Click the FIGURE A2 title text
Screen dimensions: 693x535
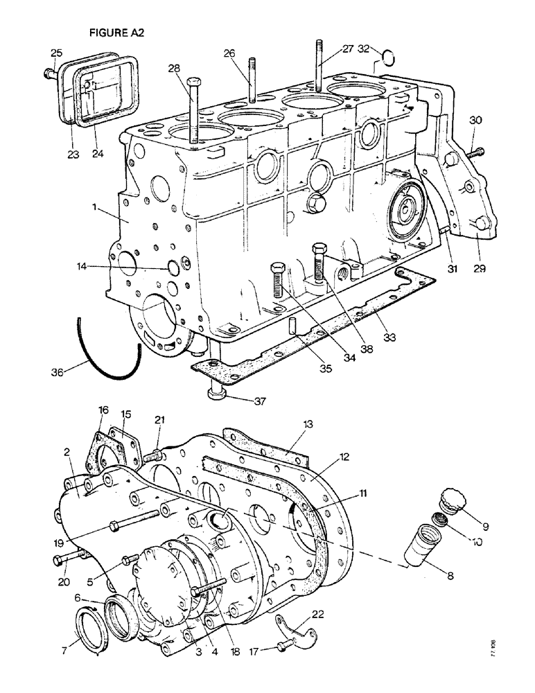[116, 33]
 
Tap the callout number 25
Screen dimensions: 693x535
[56, 53]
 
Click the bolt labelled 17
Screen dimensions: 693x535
[283, 645]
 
